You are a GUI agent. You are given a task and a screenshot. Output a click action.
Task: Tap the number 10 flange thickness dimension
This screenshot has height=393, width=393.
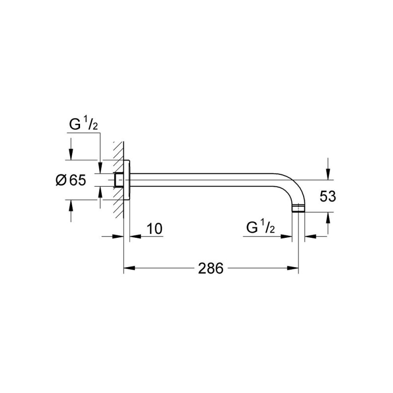(154, 228)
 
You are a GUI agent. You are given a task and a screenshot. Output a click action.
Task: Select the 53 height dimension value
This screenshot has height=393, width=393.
(327, 196)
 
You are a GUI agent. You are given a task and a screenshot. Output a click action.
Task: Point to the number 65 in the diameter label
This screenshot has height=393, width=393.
(77, 180)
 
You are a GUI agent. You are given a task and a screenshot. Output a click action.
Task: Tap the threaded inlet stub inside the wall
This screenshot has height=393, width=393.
(118, 180)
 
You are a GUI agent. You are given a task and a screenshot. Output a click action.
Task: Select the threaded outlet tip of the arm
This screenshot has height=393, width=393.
(298, 208)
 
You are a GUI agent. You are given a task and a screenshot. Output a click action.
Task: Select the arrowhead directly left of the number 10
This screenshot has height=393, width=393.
(135, 236)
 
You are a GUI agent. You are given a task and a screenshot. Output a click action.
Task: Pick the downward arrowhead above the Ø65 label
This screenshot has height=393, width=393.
(71, 154)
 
